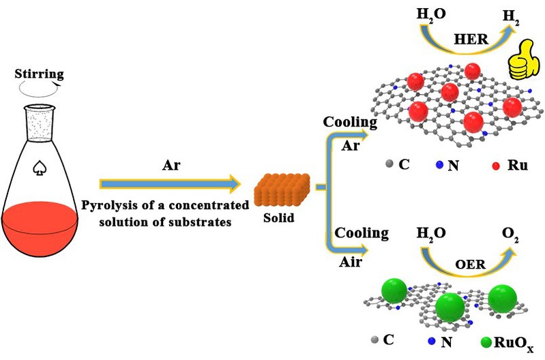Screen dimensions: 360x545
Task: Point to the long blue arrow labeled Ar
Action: [x=171, y=183]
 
